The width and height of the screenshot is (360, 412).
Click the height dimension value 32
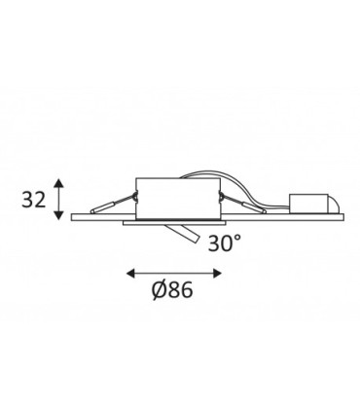coord(34,199)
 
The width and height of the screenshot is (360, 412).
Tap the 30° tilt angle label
coord(225,243)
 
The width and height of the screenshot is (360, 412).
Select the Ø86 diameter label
coord(172,290)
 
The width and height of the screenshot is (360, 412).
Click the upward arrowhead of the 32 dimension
coord(58,182)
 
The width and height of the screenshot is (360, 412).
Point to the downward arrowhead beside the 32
coord(58,215)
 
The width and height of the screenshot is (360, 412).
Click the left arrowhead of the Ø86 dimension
coord(130,274)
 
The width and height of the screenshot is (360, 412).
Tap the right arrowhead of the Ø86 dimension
coord(217,274)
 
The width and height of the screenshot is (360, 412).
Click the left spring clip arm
coord(113,204)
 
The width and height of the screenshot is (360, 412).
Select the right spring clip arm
coord(242,204)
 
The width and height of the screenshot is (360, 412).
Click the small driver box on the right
coord(308,204)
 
